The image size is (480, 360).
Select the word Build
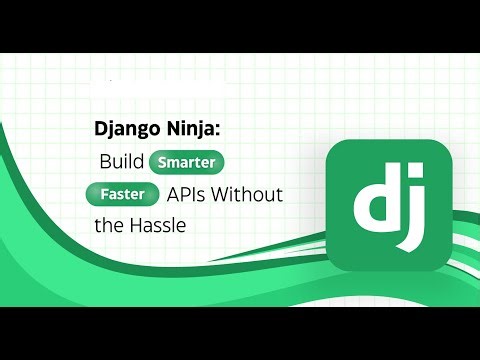121,161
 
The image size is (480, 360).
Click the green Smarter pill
186,161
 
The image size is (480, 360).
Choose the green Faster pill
123,193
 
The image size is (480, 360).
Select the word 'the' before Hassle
108,225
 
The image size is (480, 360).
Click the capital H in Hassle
136,225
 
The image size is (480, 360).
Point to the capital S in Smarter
159,161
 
